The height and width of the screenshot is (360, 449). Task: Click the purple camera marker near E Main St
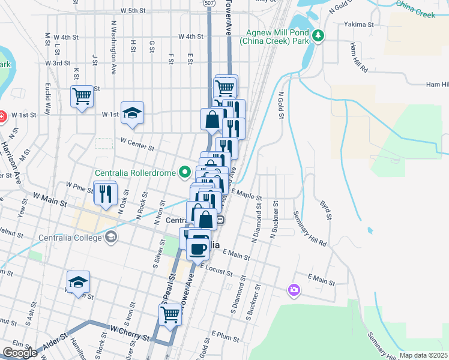point(294,290)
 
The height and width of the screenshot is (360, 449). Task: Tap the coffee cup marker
point(198,247)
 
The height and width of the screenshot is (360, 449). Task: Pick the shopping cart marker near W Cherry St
point(170,314)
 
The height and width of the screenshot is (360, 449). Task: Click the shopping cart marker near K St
point(82,96)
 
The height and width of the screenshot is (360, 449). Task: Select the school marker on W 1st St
point(132,113)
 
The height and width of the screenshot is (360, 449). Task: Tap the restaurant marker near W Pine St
point(104,193)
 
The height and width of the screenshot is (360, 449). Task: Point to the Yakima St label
point(359,25)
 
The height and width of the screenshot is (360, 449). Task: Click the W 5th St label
point(133,11)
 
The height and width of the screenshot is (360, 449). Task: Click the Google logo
point(20,353)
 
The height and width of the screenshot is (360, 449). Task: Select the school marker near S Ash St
point(78,282)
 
